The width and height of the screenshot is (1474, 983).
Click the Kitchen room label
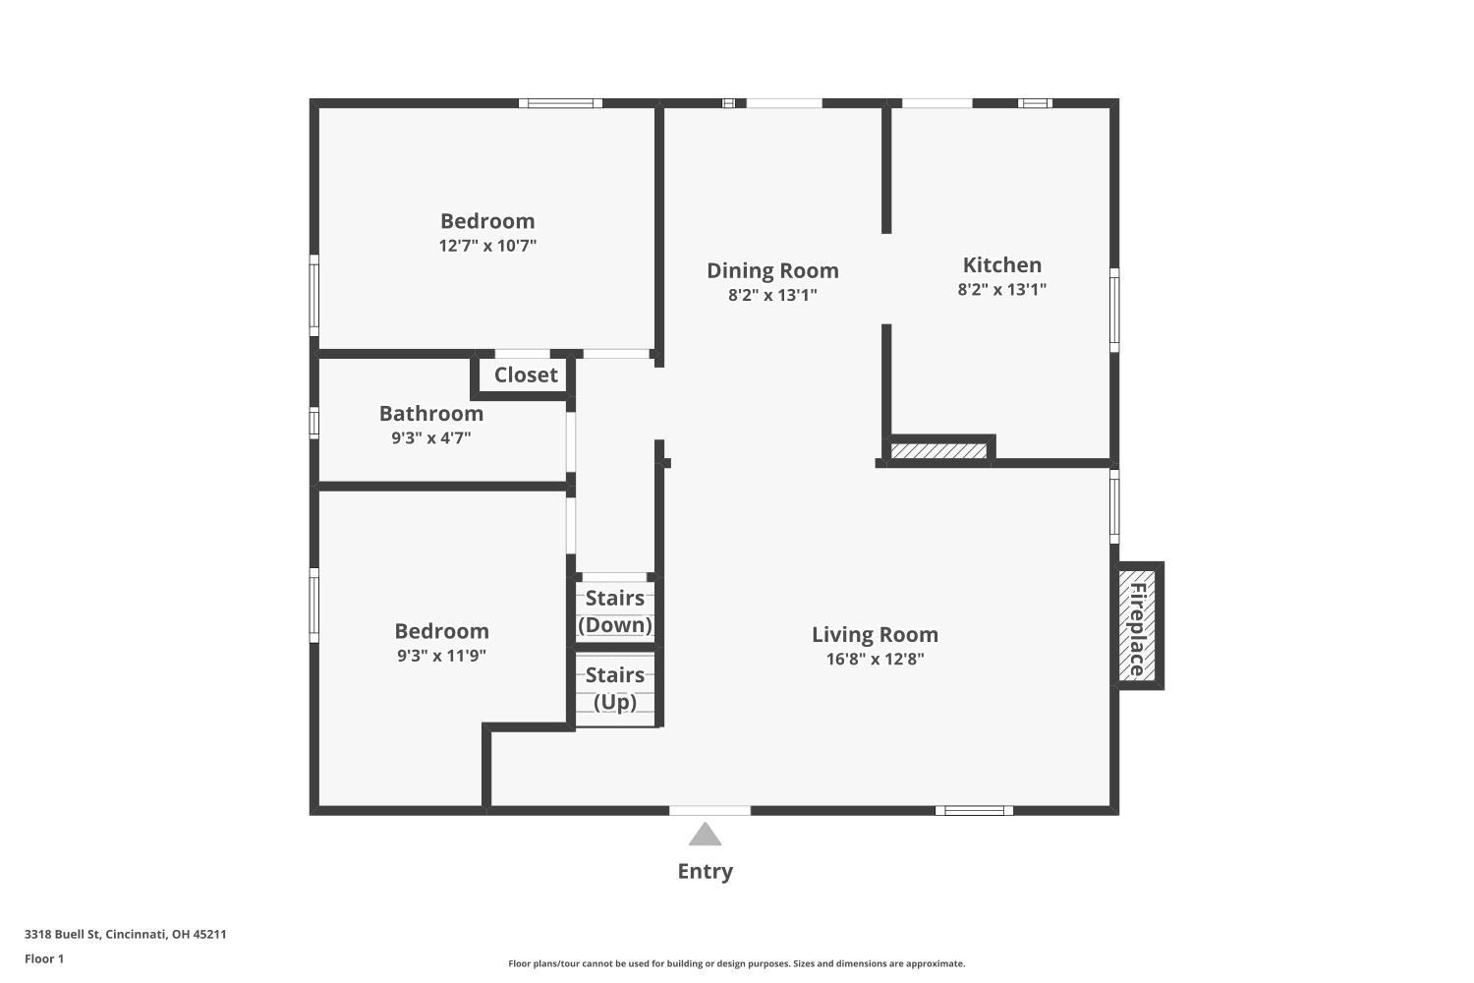tap(1001, 264)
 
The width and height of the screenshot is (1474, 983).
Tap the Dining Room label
tap(772, 270)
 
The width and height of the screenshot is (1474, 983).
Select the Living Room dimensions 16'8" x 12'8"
tap(875, 660)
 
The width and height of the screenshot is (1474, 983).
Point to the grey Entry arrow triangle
tap(705, 836)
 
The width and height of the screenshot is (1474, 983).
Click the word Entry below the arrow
tap(705, 871)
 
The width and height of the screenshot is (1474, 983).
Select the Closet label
tap(525, 375)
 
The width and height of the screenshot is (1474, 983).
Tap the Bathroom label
tap(430, 413)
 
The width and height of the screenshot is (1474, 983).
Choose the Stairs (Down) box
tap(615, 611)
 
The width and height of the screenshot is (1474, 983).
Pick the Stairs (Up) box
tap(615, 688)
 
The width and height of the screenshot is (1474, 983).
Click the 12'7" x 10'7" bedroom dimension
tap(487, 246)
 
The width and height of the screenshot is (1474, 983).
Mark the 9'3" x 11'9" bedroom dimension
tap(441, 656)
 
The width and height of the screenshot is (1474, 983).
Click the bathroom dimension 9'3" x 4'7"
tap(430, 438)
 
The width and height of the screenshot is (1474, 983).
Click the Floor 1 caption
tap(44, 958)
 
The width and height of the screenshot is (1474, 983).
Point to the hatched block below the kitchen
tap(938, 450)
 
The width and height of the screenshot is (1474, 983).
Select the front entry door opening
tap(709, 810)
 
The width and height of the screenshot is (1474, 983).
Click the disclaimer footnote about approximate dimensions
tap(736, 963)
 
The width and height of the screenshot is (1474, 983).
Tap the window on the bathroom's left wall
tap(314, 422)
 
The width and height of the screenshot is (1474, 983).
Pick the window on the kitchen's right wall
tap(1114, 310)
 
